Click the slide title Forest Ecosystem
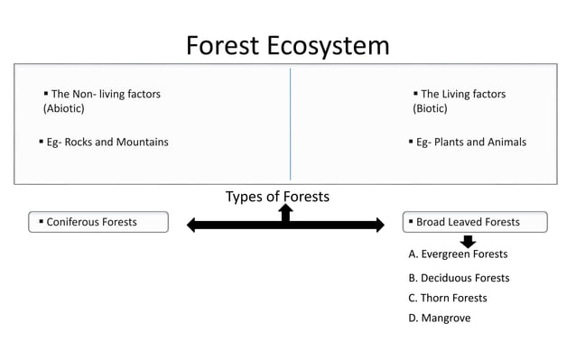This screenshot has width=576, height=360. point(287,45)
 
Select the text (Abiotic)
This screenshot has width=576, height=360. point(63,109)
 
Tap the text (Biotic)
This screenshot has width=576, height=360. point(430,109)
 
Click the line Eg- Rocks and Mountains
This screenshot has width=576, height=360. point(107,143)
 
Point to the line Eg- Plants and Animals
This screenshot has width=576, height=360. point(470,143)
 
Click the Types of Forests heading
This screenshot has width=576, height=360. point(277,197)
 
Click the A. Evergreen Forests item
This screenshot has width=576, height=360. point(458,254)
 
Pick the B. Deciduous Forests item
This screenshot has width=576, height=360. point(459,278)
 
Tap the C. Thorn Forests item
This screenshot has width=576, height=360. point(447,298)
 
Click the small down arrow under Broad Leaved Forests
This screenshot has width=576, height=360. point(468,241)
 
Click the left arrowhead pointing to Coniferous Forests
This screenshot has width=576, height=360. point(192,225)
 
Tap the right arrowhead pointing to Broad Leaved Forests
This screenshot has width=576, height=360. point(379,225)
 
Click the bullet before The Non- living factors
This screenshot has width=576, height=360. point(45,94)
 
